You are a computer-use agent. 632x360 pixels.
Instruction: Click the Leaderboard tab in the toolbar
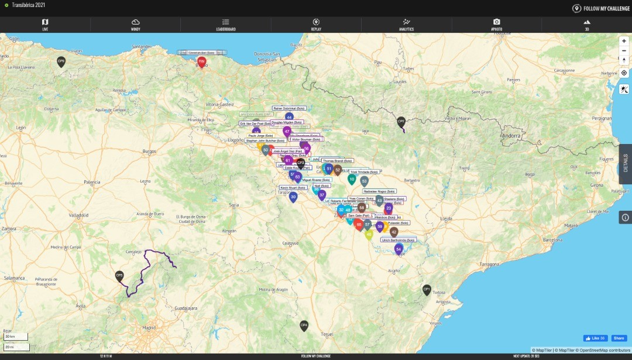[225, 24]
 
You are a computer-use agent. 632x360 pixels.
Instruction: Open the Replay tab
[316, 24]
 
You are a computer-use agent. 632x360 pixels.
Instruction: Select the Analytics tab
[406, 24]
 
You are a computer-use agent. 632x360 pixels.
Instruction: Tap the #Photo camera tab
[496, 24]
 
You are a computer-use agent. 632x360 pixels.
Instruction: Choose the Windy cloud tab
[135, 24]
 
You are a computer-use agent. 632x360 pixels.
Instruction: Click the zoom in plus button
[624, 41]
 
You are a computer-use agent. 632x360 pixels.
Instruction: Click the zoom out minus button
[624, 50]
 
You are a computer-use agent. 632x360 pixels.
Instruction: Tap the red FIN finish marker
[201, 61]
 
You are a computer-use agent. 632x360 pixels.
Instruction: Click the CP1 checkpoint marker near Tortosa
[427, 289]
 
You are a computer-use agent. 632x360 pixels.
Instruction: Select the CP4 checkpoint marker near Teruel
[304, 325]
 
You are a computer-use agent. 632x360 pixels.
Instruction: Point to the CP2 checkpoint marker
[401, 121]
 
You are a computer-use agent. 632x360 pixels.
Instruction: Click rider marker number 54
[399, 249]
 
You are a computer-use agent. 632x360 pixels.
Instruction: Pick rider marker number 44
[288, 118]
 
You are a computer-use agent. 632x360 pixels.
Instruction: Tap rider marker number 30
[293, 197]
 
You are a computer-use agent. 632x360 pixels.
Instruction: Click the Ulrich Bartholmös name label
[399, 240]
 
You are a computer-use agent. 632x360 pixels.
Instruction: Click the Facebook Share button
[619, 338]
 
